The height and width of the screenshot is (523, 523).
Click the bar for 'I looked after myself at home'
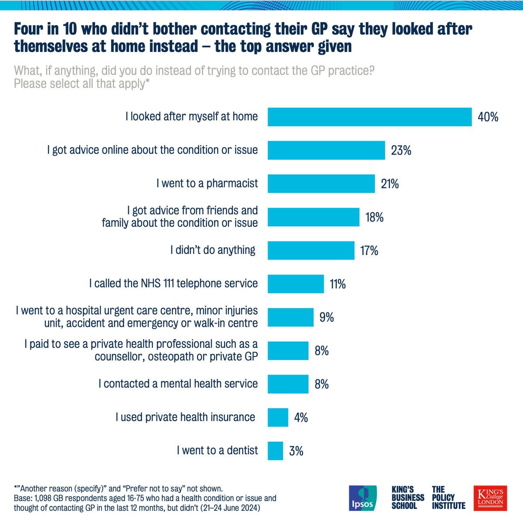click(370, 117)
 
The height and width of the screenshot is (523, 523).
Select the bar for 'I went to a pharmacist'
click(321, 183)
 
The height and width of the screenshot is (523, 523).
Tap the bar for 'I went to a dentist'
click(275, 451)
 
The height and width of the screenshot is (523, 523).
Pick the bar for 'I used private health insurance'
click(278, 417)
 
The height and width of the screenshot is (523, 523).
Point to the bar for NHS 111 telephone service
click(295, 284)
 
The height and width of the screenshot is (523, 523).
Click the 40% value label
click(488, 117)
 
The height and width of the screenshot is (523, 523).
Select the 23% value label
click(401, 150)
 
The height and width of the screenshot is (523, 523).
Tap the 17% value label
click(369, 251)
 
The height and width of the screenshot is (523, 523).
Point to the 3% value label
click(296, 451)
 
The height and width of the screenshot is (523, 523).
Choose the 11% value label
click(337, 284)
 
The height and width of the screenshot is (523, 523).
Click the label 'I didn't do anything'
click(213, 250)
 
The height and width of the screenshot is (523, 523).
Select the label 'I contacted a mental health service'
click(178, 384)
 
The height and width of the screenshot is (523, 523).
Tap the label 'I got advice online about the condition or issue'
click(153, 150)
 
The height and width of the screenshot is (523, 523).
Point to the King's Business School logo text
click(408, 498)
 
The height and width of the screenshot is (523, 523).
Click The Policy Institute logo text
click(448, 498)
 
